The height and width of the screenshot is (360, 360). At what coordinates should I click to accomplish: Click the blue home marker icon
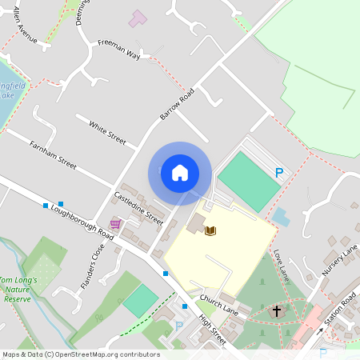(x=179, y=173)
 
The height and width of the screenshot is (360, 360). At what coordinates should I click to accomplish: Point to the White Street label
(x=108, y=133)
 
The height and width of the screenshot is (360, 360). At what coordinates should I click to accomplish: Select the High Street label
(x=214, y=330)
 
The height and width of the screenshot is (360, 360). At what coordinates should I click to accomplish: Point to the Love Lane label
(x=279, y=266)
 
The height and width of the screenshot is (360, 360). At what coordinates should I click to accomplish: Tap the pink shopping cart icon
(x=116, y=224)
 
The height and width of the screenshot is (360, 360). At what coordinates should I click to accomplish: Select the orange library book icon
(x=210, y=231)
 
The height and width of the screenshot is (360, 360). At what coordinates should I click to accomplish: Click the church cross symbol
(x=277, y=310)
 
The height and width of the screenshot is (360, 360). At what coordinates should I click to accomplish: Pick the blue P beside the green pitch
(x=279, y=172)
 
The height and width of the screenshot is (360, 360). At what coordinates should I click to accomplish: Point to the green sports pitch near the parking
(x=249, y=182)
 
